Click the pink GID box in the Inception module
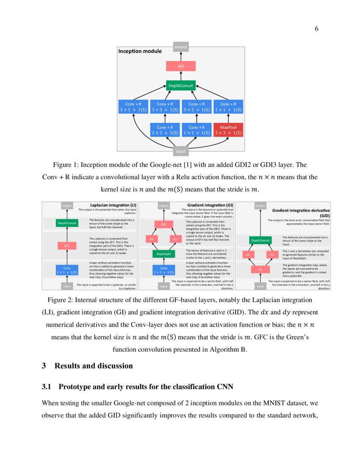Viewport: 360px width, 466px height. pos(181,66)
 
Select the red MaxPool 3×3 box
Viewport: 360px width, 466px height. pos(228,130)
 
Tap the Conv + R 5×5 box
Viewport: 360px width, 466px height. pos(197,107)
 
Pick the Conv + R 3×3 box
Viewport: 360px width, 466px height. pos(165,107)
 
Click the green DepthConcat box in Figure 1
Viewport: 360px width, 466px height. pos(181,86)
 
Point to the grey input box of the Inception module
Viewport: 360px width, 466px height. pos(181,151)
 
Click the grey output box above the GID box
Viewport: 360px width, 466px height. pos(181,47)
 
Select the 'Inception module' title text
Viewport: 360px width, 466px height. pos(140,51)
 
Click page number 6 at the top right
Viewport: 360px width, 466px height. pos(316,29)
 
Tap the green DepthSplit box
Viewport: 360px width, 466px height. pos(163,254)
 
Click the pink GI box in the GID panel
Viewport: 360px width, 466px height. pos(260,269)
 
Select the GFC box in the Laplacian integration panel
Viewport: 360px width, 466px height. pos(67,245)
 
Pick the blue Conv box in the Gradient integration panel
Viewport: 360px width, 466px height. pos(163,270)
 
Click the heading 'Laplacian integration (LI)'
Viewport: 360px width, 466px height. pos(113,205)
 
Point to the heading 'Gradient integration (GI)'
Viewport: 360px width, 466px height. pos(210,205)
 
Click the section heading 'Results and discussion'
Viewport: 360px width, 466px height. pos(94,366)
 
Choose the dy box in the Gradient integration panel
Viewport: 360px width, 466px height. pos(175,239)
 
